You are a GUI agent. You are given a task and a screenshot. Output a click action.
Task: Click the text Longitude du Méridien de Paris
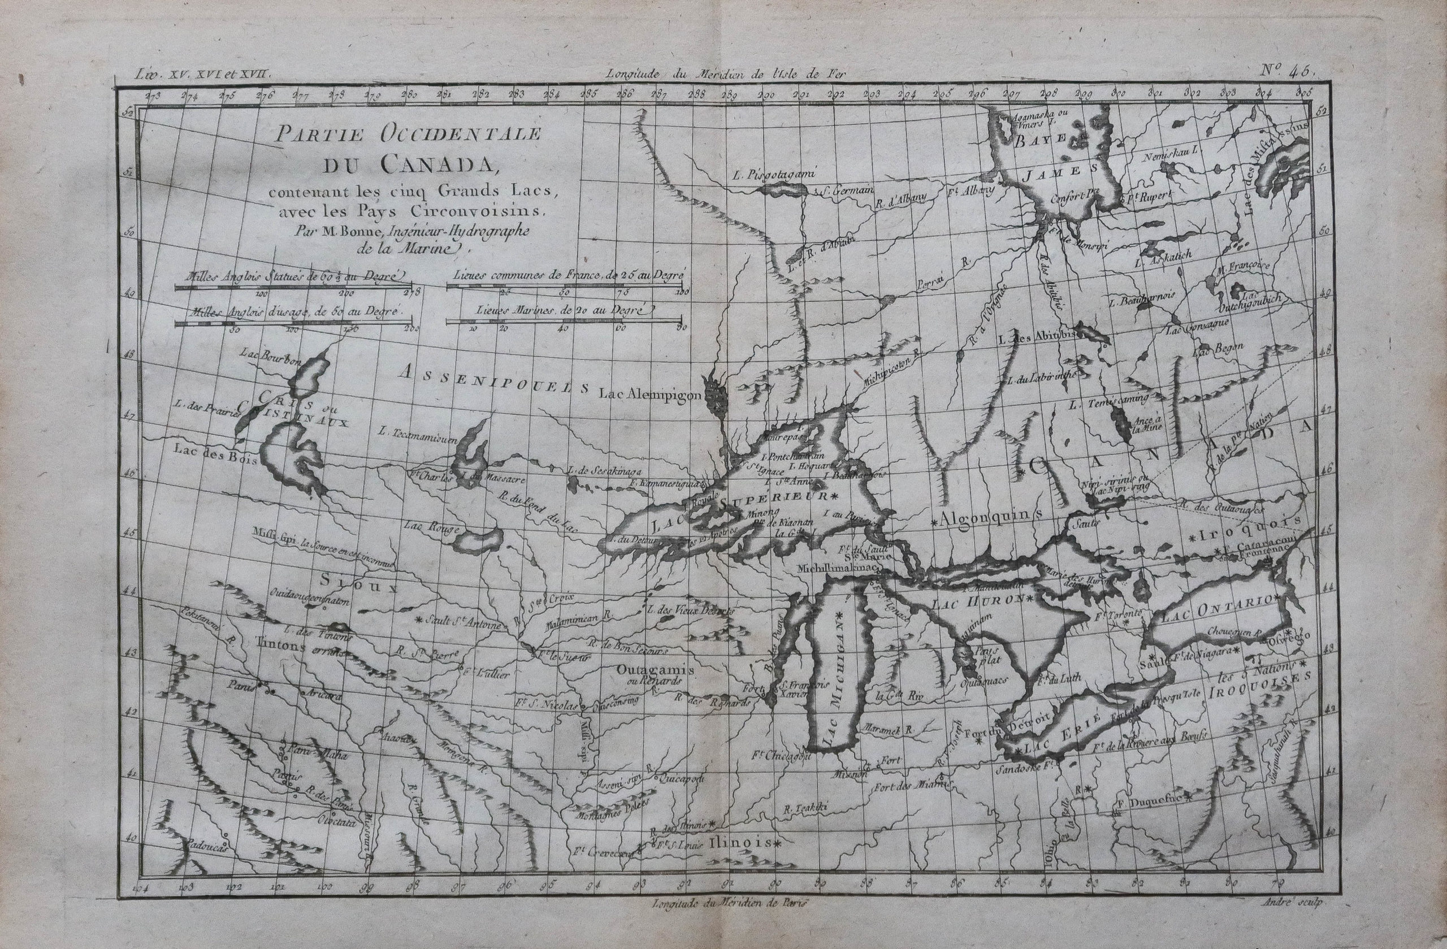(x=730, y=903)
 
